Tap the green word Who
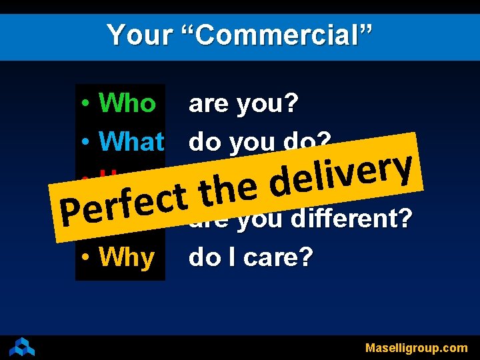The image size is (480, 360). [x=127, y=103]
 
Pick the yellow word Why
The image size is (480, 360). [x=127, y=257]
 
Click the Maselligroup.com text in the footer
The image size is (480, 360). [x=416, y=348]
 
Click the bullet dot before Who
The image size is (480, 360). [x=87, y=104]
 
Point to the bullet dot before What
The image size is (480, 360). [x=87, y=141]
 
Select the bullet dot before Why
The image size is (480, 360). [x=87, y=257]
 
